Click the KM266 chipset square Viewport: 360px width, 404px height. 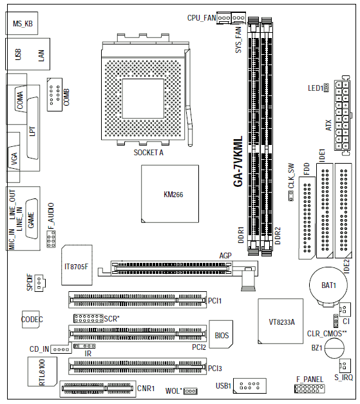pyautogui.click(x=170, y=194)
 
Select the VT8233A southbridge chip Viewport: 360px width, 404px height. pyautogui.click(x=281, y=321)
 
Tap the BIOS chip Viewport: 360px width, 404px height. pyautogui.click(x=221, y=334)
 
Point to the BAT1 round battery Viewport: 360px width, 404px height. pyautogui.click(x=328, y=285)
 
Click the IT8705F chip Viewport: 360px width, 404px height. pyautogui.click(x=77, y=265)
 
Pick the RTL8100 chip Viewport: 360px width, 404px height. pyautogui.click(x=43, y=372)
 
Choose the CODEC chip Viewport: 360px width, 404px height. pyautogui.click(x=31, y=320)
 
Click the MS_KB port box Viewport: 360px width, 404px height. pyautogui.click(x=22, y=23)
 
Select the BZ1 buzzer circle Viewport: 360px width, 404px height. pyautogui.click(x=334, y=348)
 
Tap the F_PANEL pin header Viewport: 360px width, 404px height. pyautogui.click(x=309, y=389)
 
